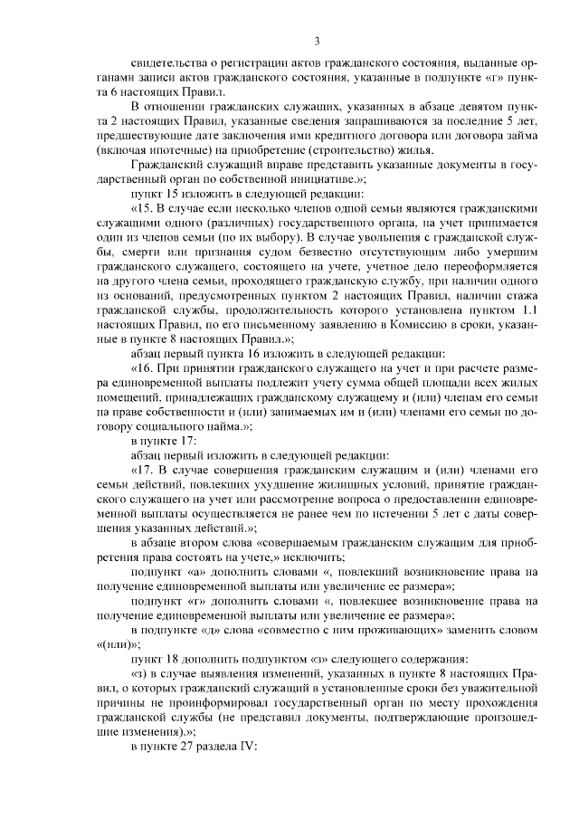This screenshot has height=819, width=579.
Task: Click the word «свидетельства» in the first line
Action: click(172, 64)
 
